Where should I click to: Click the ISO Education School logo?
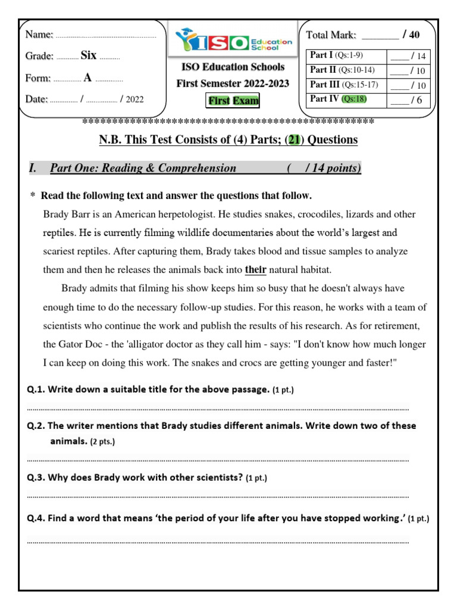(x=233, y=41)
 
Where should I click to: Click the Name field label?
(x=39, y=35)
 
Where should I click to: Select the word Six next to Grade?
(x=88, y=55)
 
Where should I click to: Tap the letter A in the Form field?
(x=88, y=77)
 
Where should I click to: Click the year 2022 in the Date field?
(x=134, y=99)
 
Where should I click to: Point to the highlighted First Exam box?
(x=233, y=101)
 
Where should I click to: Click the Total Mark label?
(x=331, y=35)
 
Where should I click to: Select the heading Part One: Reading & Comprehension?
(x=143, y=168)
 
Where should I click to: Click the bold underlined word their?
(x=255, y=269)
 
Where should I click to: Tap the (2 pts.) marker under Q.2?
(x=102, y=442)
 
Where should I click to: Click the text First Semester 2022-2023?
(x=233, y=83)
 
